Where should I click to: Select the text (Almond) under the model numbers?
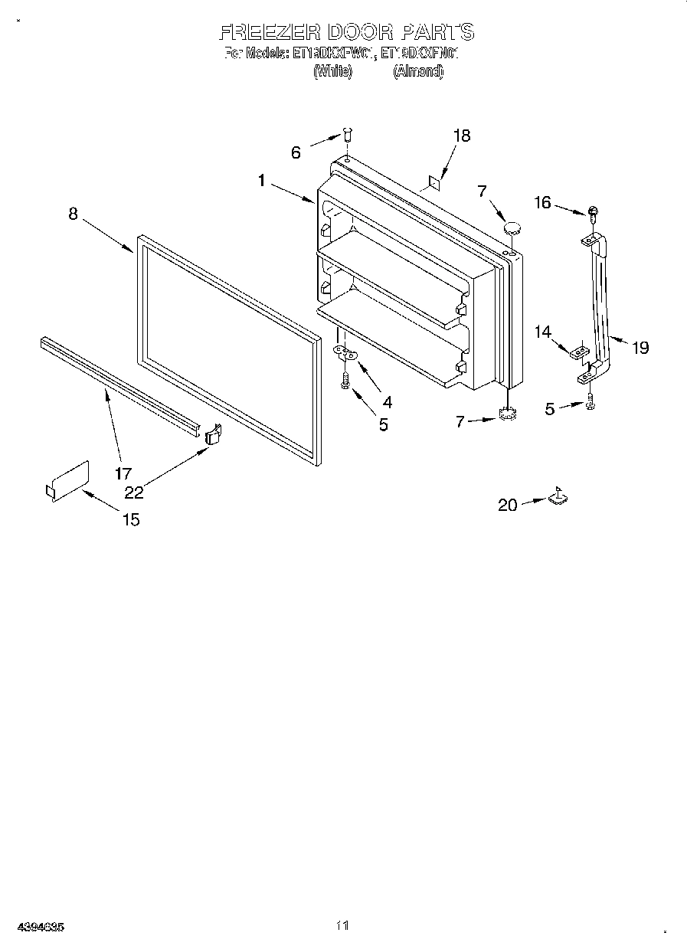pos(417,71)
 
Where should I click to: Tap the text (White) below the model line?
pos(332,71)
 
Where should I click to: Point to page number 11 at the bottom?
pos(342,926)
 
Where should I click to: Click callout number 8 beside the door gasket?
pos(73,214)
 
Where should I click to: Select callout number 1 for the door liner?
pos(262,181)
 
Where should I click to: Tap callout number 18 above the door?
pos(461,136)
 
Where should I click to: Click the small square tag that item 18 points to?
pos(433,183)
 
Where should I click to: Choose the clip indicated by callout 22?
pos(213,433)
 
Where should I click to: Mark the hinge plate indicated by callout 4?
pos(346,352)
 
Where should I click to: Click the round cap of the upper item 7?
pos(511,227)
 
